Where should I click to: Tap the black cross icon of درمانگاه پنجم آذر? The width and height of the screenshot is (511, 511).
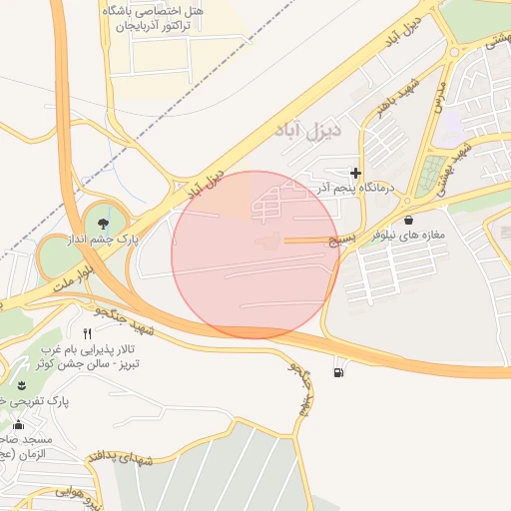pyautogui.click(x=355, y=174)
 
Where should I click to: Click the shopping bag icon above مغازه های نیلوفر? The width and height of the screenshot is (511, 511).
pyautogui.click(x=408, y=220)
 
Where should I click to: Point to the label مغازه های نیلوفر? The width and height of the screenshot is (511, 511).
pyautogui.click(x=408, y=237)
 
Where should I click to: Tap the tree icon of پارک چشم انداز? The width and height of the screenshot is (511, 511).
pyautogui.click(x=105, y=222)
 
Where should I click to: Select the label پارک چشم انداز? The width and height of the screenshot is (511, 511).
pyautogui.click(x=105, y=240)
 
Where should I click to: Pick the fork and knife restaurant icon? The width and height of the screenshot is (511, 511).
pyautogui.click(x=88, y=332)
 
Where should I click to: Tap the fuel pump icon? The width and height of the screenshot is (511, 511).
pyautogui.click(x=340, y=372)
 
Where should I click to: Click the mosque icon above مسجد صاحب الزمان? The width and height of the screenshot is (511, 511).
pyautogui.click(x=17, y=425)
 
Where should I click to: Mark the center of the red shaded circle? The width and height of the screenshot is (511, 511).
pyautogui.click(x=255, y=255)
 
